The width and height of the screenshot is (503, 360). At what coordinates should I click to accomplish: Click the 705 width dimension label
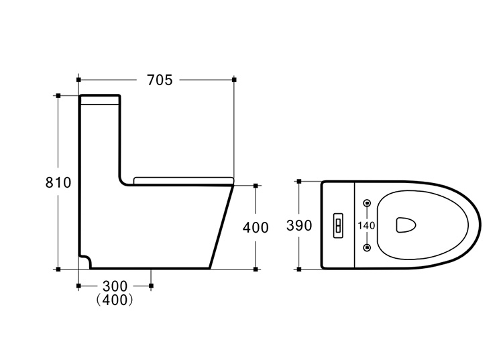point(160,80)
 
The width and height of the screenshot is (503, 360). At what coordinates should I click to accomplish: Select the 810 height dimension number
point(58,183)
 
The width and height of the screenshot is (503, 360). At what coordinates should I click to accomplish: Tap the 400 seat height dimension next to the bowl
point(256,228)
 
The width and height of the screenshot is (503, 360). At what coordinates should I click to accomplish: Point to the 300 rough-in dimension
point(115,286)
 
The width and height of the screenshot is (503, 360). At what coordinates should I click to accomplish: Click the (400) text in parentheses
point(115,300)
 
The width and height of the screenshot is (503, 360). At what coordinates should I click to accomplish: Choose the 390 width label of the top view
point(299,226)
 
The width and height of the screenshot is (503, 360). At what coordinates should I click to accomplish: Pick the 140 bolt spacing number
point(366,226)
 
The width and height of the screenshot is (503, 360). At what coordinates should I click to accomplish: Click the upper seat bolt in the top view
point(368,203)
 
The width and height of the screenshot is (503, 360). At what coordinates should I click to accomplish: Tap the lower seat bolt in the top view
point(368,247)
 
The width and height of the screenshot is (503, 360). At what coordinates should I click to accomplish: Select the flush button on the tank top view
point(338,226)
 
